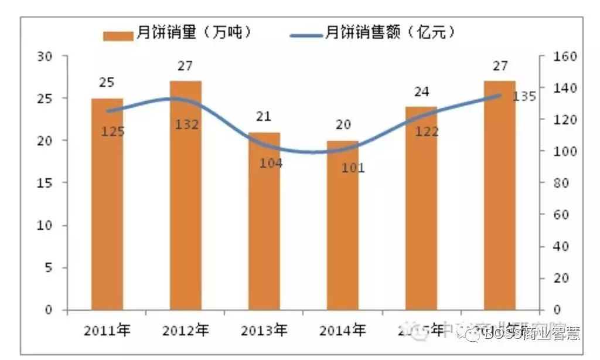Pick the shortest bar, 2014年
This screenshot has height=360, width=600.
(342, 225)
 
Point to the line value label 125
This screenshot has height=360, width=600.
(112, 132)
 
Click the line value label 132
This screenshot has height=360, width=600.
(187, 124)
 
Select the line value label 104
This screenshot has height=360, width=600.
(271, 163)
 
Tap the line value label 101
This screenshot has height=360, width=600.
(353, 168)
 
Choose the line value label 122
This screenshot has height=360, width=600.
(427, 132)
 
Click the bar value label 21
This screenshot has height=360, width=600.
(264, 116)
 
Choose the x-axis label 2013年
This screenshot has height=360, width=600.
(264, 330)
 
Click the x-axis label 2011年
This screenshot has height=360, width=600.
(107, 330)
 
